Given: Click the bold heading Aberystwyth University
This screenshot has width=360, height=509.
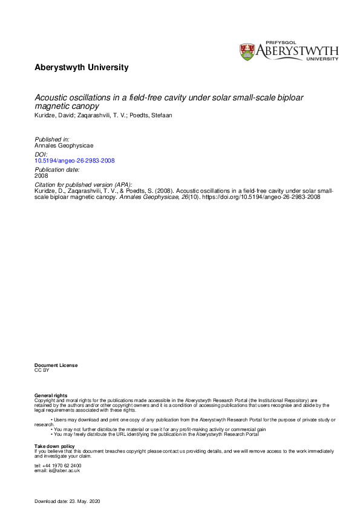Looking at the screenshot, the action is click(x=81, y=68).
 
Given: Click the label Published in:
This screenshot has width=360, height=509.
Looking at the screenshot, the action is click(x=51, y=140).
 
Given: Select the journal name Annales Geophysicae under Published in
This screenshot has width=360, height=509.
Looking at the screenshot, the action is click(x=60, y=146).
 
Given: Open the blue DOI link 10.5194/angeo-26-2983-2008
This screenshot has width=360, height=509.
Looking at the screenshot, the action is click(x=74, y=161).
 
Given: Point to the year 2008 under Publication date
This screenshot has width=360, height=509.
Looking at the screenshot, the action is click(x=41, y=177).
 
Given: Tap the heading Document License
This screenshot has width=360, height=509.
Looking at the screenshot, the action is click(x=56, y=365).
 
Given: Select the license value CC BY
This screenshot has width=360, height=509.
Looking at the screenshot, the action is click(x=42, y=370).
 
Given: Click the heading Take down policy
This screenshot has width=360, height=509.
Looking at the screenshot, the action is click(x=54, y=446).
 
